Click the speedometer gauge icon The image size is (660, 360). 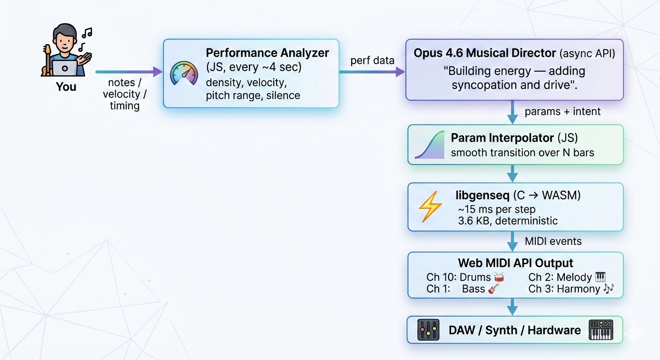pos(184,74)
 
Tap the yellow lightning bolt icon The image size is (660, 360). pos(430,207)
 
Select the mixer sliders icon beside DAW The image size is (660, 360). pos(428,330)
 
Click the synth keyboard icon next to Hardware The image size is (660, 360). pos(601,330)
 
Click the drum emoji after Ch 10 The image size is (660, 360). pos(499,277)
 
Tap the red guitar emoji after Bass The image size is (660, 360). pos(494,289)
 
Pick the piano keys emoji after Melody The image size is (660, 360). pos(600,277)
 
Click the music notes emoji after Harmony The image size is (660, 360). pos(608,289)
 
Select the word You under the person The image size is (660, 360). pos(66,87)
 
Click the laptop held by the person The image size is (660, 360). pos(65,68)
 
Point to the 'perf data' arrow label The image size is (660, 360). pos(372,60)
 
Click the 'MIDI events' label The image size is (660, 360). pos(553,241)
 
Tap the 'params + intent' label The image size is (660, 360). pos(562,112)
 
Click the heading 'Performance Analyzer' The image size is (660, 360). pos(267,53)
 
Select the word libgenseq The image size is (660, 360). pos(482,195)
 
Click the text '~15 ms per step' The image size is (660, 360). pos(496,209)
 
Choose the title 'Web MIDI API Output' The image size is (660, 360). pos(515,263)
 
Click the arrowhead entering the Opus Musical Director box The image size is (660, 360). pos(400,72)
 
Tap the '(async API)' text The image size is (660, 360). pos(587,53)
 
